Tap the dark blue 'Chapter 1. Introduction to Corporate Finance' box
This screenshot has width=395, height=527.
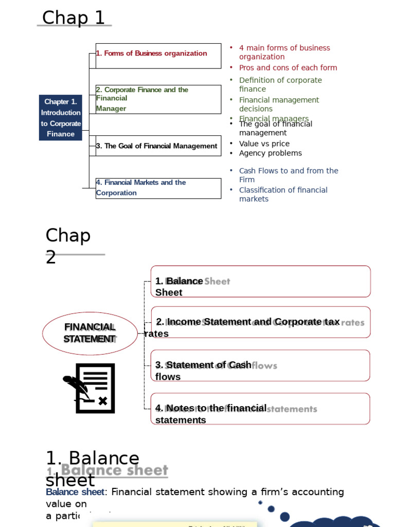pyautogui.click(x=61, y=118)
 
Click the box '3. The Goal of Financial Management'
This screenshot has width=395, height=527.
pyautogui.click(x=158, y=146)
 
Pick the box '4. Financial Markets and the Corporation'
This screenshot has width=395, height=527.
pyautogui.click(x=158, y=188)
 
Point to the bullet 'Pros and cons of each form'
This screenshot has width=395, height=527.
pyautogui.click(x=288, y=67)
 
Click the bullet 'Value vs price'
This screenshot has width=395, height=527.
pyautogui.click(x=264, y=144)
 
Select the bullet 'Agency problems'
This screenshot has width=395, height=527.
pyautogui.click(x=270, y=153)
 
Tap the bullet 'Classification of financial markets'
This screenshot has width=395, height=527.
pyautogui.click(x=283, y=194)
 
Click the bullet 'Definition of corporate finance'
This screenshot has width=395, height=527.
pyautogui.click(x=280, y=84)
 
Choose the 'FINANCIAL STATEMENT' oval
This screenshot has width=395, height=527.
pyautogui.click(x=89, y=333)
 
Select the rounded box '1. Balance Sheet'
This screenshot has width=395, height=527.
pyautogui.click(x=260, y=282)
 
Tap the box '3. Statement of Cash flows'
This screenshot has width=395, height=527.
pyautogui.click(x=260, y=365)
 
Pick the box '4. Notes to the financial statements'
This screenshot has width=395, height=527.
pyautogui.click(x=260, y=409)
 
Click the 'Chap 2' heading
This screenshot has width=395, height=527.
pyautogui.click(x=68, y=245)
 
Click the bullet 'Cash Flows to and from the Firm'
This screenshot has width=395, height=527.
pyautogui.click(x=288, y=175)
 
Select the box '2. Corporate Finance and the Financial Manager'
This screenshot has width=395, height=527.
pyautogui.click(x=158, y=99)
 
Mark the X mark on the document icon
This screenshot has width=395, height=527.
pyautogui.click(x=103, y=400)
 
